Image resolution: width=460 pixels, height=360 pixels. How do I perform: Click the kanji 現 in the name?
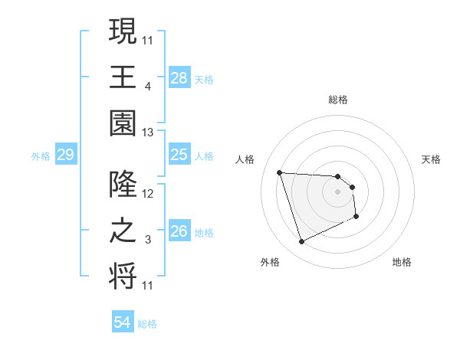click(123, 31)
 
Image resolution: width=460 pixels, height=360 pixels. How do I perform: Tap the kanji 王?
click(123, 77)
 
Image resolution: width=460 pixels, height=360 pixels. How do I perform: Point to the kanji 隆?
click(123, 185)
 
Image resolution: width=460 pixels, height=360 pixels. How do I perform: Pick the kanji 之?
click(123, 231)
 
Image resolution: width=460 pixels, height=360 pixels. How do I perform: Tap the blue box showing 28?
click(179, 77)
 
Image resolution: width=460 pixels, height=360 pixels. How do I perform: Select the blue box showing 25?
click(179, 155)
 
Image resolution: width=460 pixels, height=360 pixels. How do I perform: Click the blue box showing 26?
click(179, 231)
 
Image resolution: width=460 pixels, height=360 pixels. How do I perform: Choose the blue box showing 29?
click(65, 155)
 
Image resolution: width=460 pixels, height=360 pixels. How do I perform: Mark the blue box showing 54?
click(122, 322)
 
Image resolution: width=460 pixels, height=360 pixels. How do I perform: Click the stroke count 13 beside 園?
click(148, 133)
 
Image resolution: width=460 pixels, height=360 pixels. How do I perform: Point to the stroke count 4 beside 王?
click(148, 87)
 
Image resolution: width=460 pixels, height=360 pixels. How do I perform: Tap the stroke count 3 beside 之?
click(148, 241)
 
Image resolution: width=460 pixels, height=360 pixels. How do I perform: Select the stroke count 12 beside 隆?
click(148, 195)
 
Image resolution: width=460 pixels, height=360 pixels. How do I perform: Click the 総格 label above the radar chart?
click(338, 100)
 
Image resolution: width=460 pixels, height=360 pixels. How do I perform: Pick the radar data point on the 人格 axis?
click(280, 172)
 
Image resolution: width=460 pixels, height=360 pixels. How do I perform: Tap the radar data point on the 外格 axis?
click(301, 242)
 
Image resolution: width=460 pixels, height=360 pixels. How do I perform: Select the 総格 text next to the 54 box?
click(147, 324)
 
